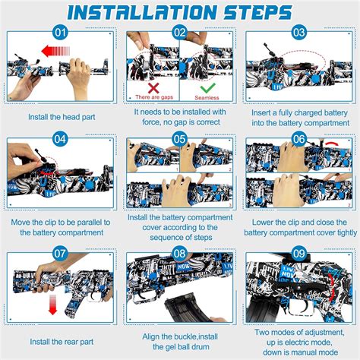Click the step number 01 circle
[x=60, y=33]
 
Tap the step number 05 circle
[x=179, y=139]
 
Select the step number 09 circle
[x=299, y=254]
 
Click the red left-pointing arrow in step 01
[x=55, y=51]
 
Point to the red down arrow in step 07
[x=52, y=305]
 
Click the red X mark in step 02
[x=153, y=88]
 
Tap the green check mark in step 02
[x=207, y=88]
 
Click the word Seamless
[x=207, y=98]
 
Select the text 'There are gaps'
[x=154, y=97]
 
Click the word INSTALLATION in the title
[x=142, y=12]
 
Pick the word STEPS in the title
[x=257, y=12]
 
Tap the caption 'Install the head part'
[x=62, y=117]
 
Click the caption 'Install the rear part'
[x=62, y=342]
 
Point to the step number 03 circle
[x=299, y=33]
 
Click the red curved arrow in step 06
[x=333, y=144]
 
